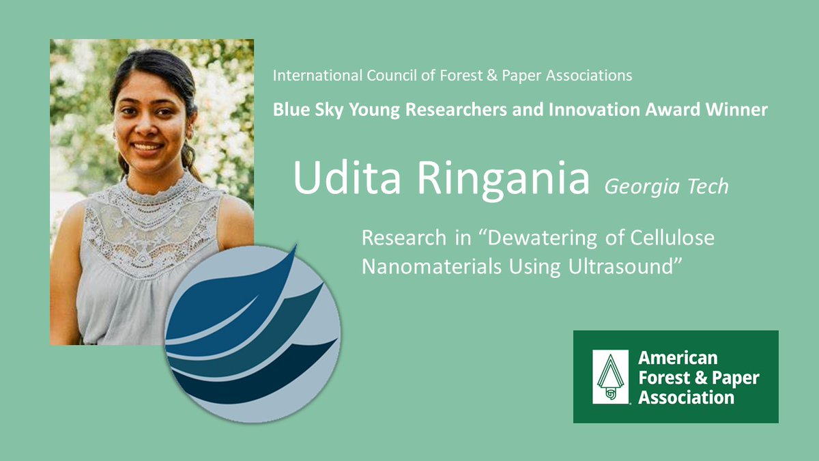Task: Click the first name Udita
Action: pyautogui.click(x=347, y=178)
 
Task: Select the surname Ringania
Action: pyautogui.click(x=504, y=181)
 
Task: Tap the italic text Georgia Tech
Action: pyautogui.click(x=667, y=186)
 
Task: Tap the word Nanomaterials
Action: pyautogui.click(x=431, y=266)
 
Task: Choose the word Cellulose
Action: pyautogui.click(x=672, y=238)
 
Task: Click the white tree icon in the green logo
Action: pyautogui.click(x=610, y=377)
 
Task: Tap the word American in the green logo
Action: pyautogui.click(x=678, y=358)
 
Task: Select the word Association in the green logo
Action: pyautogui.click(x=687, y=397)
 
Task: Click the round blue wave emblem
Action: pyautogui.click(x=253, y=333)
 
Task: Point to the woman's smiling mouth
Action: pyautogui.click(x=147, y=147)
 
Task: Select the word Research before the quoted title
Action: pyautogui.click(x=404, y=238)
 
